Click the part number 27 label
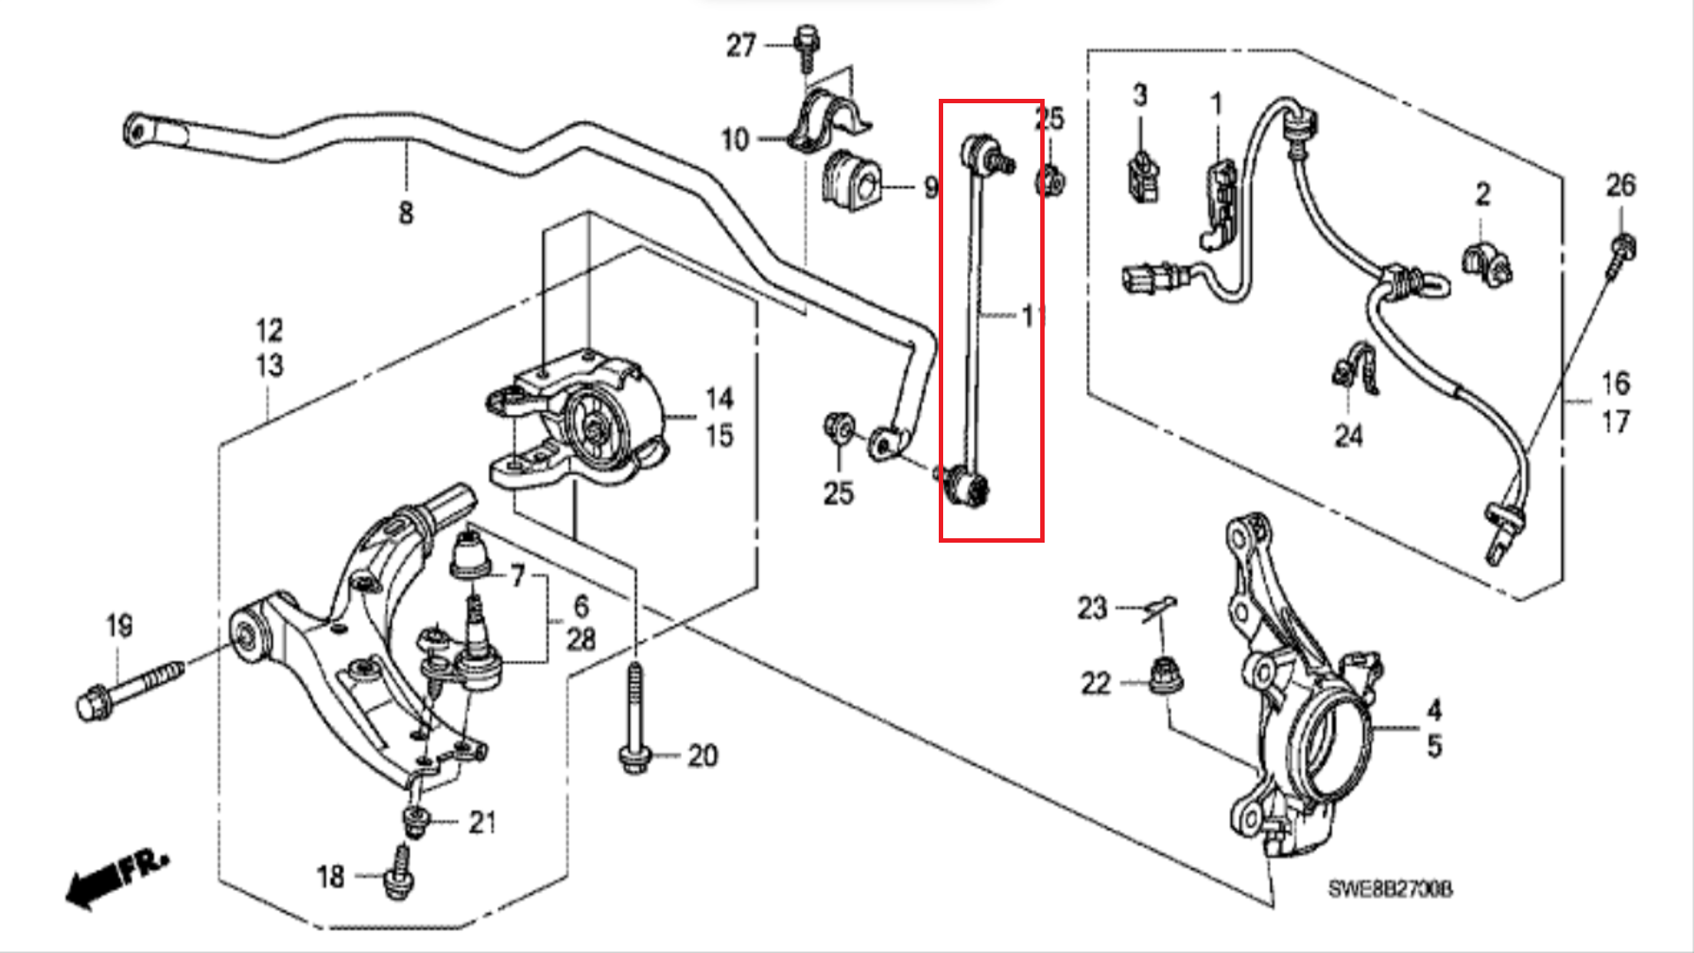pyautogui.click(x=741, y=45)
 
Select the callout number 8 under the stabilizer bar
pyautogui.click(x=405, y=213)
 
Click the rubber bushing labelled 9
pyautogui.click(x=851, y=183)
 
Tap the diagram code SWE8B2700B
pyautogui.click(x=1390, y=889)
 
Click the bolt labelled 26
pyautogui.click(x=1621, y=251)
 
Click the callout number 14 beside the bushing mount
pyautogui.click(x=719, y=399)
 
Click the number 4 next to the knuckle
pyautogui.click(x=1435, y=709)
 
